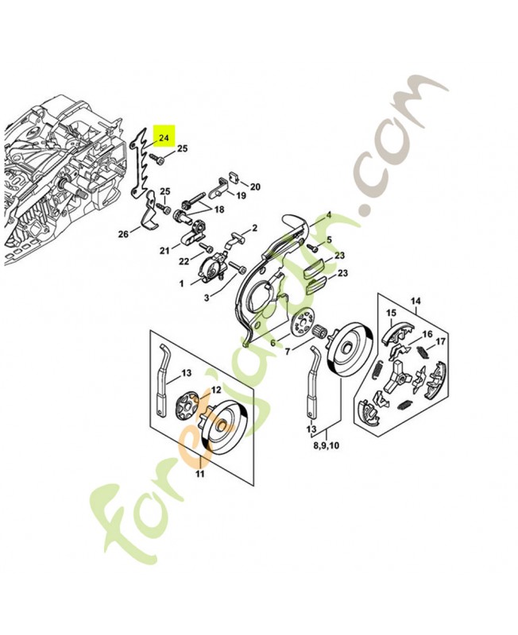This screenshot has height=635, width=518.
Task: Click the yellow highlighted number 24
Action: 164,137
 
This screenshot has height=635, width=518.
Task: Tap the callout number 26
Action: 123,234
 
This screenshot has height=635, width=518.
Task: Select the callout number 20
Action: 255,187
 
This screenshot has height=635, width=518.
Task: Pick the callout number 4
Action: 329,215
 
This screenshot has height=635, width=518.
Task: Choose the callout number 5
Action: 329,239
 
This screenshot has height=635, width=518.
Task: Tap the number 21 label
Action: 164,251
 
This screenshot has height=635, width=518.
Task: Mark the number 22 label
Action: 183,261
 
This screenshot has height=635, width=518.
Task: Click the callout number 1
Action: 181,282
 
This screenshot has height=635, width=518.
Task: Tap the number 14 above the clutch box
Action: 414,301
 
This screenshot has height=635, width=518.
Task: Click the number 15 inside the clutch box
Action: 390,313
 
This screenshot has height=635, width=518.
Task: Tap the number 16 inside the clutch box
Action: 427,334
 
